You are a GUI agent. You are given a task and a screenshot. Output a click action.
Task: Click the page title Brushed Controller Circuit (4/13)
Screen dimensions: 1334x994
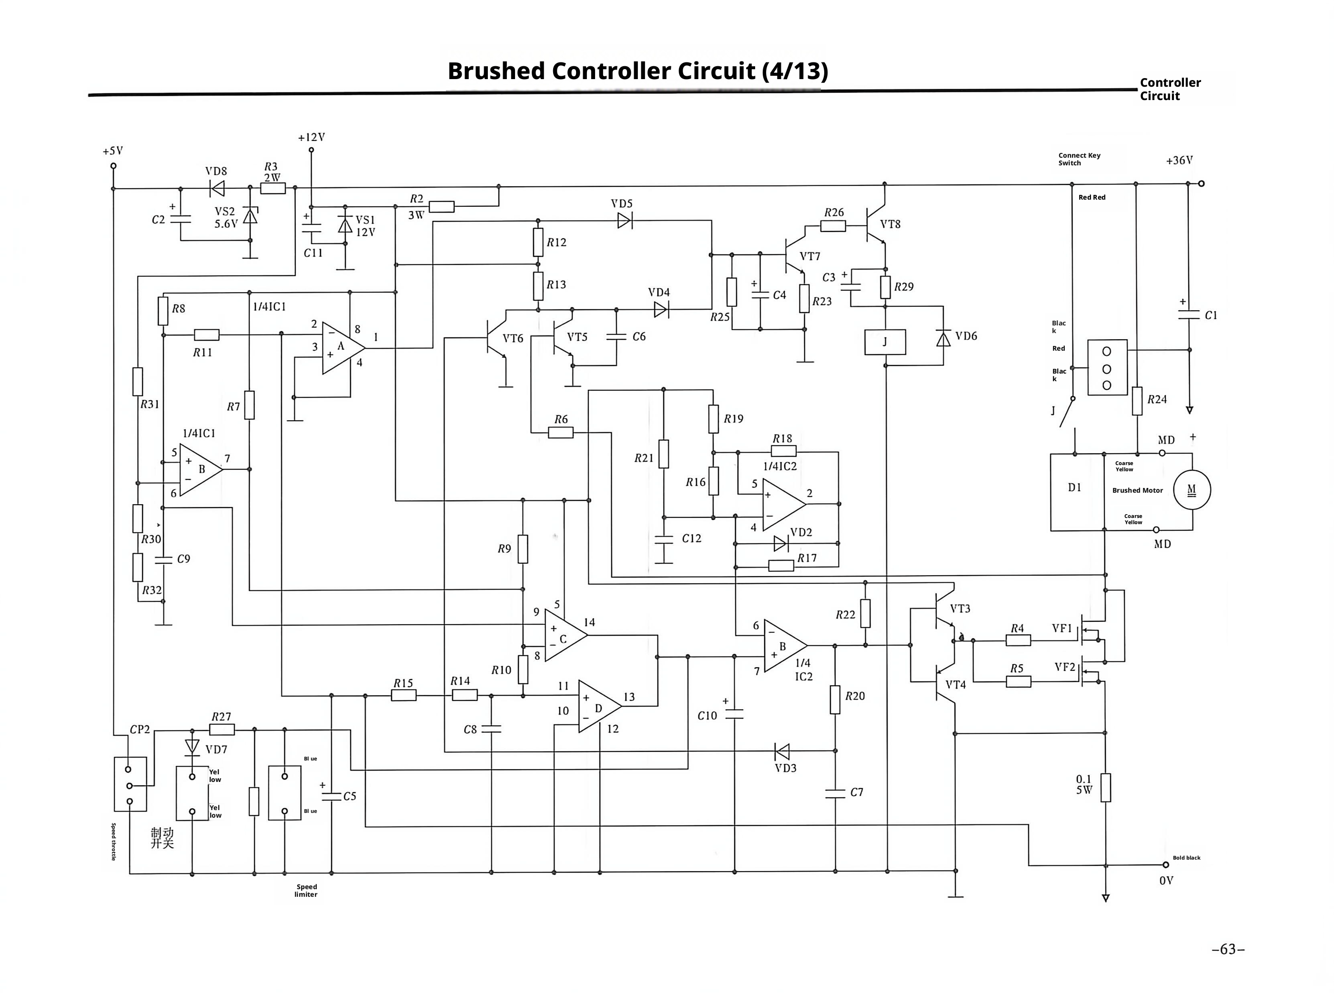coord(637,71)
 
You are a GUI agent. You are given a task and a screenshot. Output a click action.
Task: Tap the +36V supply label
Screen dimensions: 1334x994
coord(1179,160)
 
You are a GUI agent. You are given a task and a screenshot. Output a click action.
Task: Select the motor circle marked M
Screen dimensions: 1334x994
coord(1192,490)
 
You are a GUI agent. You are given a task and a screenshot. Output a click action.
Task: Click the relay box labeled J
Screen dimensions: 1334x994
coord(885,342)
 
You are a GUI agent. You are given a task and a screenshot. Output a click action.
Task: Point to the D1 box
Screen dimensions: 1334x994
coord(1077,492)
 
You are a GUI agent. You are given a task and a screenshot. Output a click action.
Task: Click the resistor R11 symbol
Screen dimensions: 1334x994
coord(206,335)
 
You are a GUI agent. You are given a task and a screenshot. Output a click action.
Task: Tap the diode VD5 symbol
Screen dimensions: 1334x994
coord(624,221)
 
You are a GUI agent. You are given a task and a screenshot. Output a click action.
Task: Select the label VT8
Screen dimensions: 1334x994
coord(890,224)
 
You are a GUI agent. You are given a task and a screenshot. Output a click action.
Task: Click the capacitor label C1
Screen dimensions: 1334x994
coord(1211,315)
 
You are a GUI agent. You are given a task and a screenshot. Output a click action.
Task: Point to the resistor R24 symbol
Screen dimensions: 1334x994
coord(1137,401)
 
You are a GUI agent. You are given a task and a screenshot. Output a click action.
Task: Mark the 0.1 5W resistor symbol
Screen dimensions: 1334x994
coord(1105,788)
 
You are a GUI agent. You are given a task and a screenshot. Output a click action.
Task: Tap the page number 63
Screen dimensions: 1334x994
coord(1228,950)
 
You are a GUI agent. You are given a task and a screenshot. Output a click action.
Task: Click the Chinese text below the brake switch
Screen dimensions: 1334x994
coord(162,838)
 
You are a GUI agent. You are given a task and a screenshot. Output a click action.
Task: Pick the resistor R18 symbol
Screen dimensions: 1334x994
coord(783,451)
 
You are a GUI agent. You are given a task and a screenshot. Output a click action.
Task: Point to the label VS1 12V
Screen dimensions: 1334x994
coord(365,226)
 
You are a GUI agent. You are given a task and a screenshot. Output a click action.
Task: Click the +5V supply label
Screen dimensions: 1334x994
coord(112,151)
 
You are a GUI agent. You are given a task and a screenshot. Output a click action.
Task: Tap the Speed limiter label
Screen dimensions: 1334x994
coord(306,891)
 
